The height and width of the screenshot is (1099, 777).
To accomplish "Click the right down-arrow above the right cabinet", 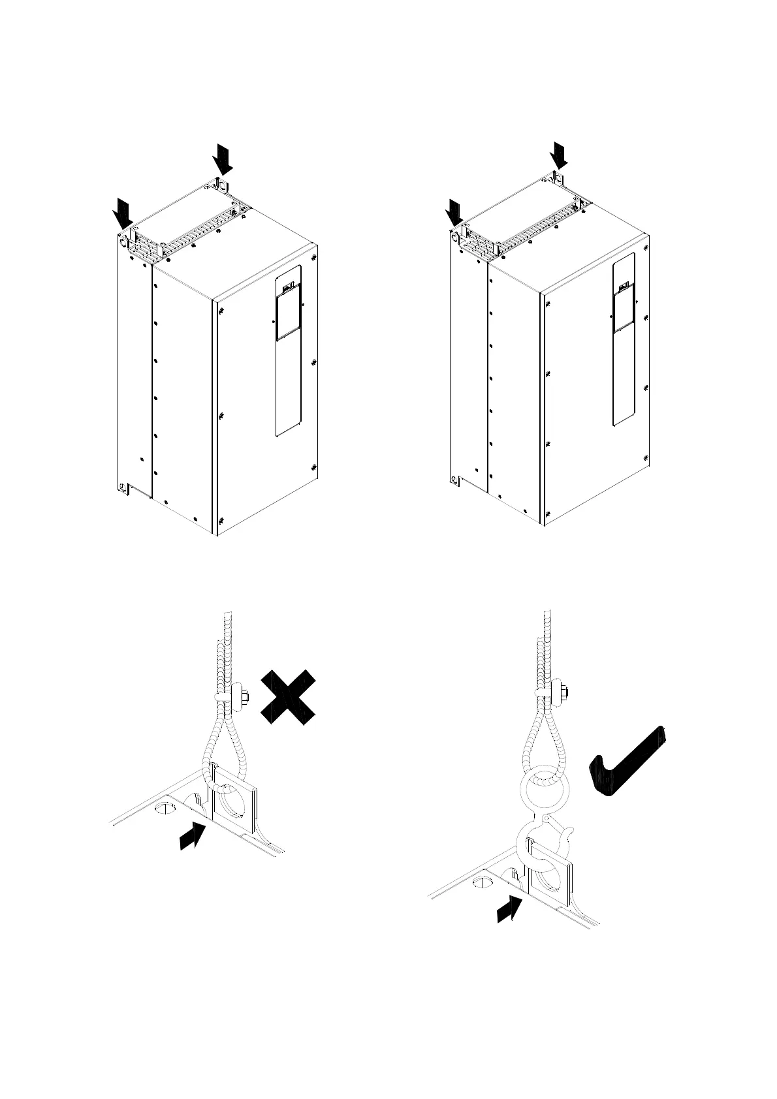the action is click(559, 155).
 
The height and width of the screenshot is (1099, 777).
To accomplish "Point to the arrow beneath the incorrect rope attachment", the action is click(193, 836).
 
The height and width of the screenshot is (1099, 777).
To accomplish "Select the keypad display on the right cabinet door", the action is click(623, 306).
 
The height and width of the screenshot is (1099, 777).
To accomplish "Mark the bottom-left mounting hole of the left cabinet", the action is click(121, 488).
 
